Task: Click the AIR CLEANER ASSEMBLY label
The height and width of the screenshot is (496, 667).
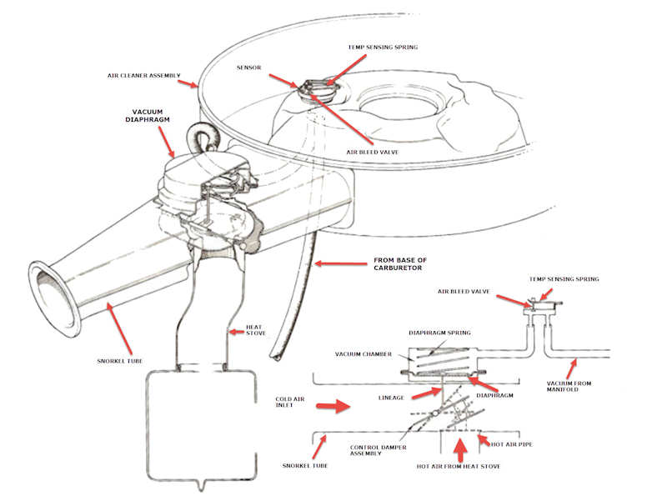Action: point(143,75)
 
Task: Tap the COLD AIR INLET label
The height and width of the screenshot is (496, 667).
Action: point(292,403)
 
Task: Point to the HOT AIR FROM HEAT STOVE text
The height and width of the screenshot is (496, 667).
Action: point(459,466)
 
